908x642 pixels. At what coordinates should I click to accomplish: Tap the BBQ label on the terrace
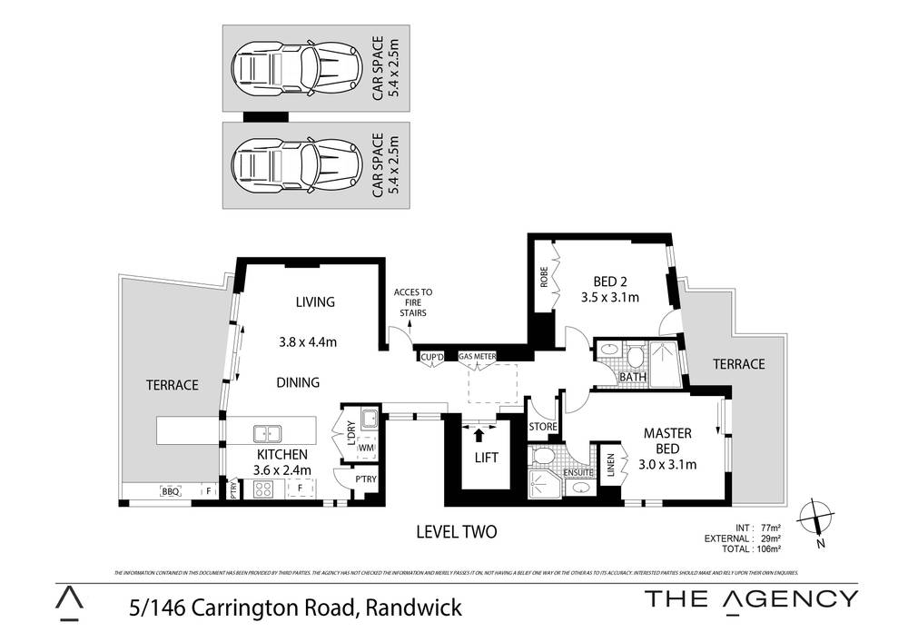[x=170, y=491]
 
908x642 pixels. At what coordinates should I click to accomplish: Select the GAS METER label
[x=477, y=357]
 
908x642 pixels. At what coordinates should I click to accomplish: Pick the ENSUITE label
[x=578, y=473]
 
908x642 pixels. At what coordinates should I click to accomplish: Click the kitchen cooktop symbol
[x=263, y=489]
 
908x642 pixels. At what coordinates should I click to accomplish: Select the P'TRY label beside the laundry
[x=366, y=479]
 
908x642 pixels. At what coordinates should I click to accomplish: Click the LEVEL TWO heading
[x=455, y=532]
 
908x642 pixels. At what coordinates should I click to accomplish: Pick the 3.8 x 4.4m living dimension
[x=308, y=342]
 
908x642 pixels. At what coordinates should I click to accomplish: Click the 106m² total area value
[x=766, y=548]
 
